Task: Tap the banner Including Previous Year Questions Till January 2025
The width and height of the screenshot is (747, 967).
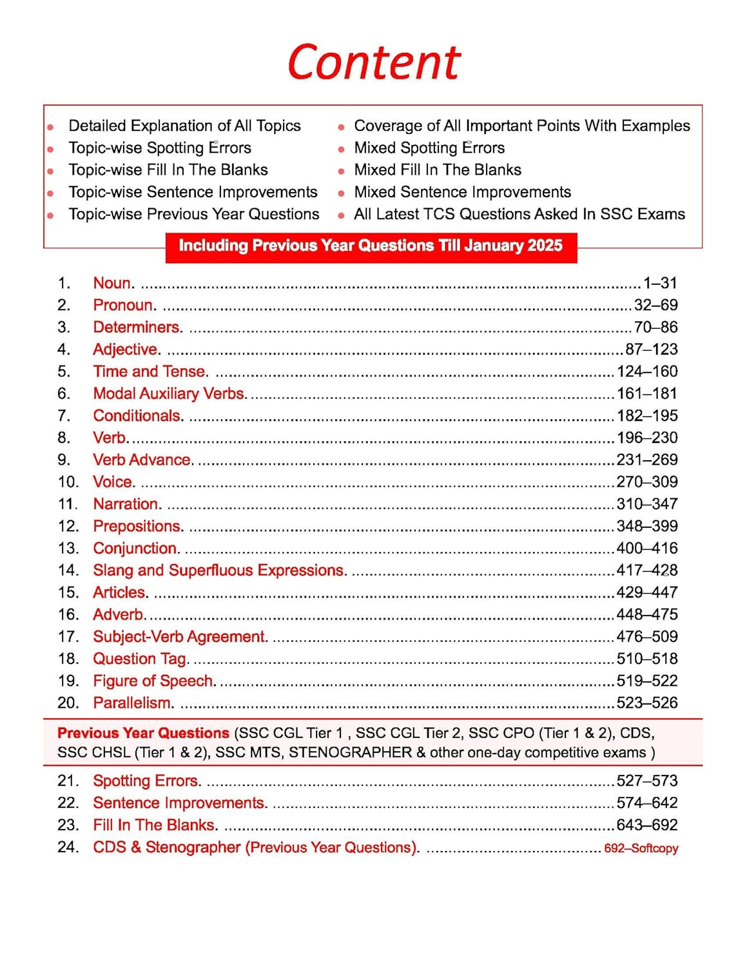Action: pos(371,246)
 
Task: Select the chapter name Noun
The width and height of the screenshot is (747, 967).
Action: pos(113,283)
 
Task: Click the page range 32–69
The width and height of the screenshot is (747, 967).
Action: pos(655,305)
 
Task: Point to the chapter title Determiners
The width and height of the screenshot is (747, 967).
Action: pos(137,327)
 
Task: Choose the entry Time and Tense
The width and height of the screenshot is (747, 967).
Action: pos(150,371)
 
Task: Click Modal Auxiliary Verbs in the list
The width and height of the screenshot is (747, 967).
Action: pos(170,393)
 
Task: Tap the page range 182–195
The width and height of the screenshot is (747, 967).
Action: pos(647,416)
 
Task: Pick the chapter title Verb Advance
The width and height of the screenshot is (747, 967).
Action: pos(142,460)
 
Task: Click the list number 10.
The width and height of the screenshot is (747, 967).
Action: pos(68,482)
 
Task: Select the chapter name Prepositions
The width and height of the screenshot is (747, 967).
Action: pos(138,526)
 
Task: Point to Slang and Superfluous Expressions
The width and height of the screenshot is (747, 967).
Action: pos(219,571)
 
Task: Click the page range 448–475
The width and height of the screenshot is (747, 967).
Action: pos(647,614)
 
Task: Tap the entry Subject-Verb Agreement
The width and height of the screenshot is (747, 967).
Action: pos(180,637)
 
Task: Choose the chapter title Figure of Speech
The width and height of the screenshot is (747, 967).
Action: pos(154,681)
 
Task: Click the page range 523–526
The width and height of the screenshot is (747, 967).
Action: pos(647,703)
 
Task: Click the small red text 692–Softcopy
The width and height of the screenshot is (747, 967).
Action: pos(641,848)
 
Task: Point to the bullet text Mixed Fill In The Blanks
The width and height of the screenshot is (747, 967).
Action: pos(438,170)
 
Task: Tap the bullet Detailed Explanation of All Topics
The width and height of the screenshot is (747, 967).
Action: pos(184,126)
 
